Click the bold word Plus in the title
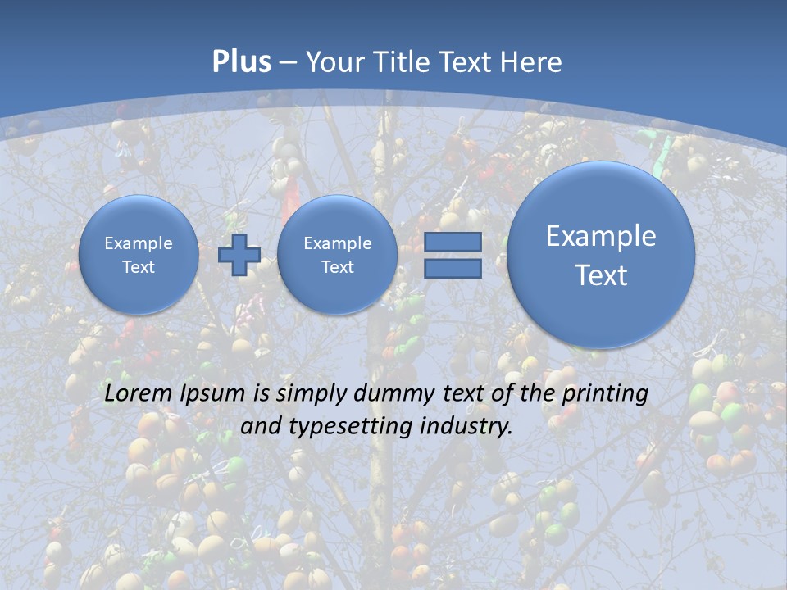(x=241, y=62)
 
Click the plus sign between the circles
(x=239, y=255)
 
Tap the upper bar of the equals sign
(x=453, y=242)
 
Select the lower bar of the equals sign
(x=453, y=269)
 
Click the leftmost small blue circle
(x=139, y=255)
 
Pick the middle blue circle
(x=338, y=255)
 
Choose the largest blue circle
(x=601, y=255)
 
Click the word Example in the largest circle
(x=601, y=236)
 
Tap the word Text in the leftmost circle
(x=139, y=267)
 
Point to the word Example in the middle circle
(x=338, y=243)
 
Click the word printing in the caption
(x=605, y=394)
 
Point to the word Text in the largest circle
(x=601, y=275)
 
